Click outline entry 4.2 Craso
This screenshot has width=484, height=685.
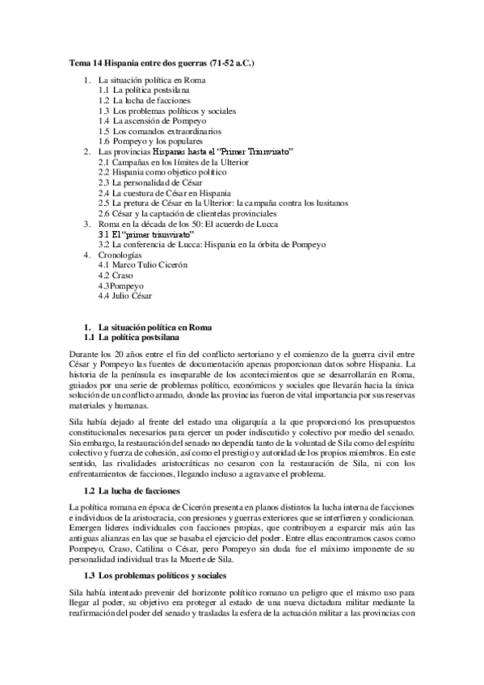(x=116, y=275)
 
